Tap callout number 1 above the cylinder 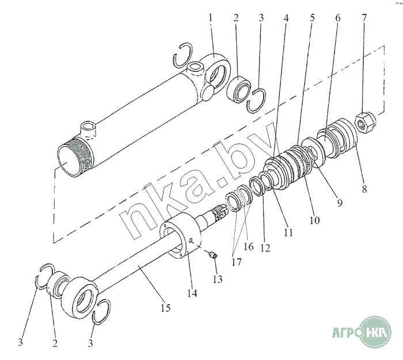(211, 18)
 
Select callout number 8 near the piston (364, 189)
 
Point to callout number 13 (218, 279)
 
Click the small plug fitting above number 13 (212, 255)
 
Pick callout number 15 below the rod (166, 308)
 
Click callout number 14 (192, 293)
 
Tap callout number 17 (237, 262)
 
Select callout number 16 (248, 247)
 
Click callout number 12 (265, 248)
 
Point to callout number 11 (288, 232)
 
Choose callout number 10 (314, 220)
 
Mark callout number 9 (340, 203)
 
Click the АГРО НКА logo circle (376, 332)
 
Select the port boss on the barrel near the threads (89, 129)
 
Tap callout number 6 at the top (337, 18)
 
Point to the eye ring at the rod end (80, 297)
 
